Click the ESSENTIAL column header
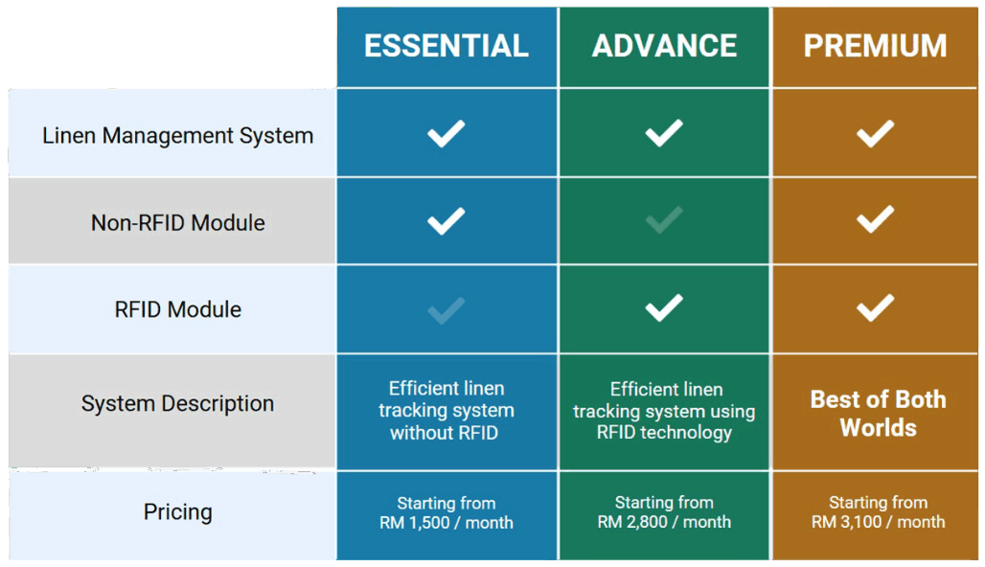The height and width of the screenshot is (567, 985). [446, 46]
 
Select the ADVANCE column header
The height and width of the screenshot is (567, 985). [664, 46]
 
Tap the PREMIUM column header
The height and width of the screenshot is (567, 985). [875, 46]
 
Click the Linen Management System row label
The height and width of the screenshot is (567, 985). [178, 136]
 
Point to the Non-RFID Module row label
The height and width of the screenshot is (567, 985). [178, 223]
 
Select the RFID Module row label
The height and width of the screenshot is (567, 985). [178, 309]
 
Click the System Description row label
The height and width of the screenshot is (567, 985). [178, 403]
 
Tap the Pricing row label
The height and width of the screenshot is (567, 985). [178, 511]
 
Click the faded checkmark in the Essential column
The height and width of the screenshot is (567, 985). [446, 310]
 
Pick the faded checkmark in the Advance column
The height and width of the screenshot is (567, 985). [664, 220]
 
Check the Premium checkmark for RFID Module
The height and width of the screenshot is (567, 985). [875, 307]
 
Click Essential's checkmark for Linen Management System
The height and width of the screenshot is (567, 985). [446, 133]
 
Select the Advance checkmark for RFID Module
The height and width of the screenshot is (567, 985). [664, 307]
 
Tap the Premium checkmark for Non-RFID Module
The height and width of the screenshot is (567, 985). [875, 219]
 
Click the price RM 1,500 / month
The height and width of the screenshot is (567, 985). [446, 522]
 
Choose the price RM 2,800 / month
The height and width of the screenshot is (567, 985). [664, 522]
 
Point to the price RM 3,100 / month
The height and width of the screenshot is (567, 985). [878, 522]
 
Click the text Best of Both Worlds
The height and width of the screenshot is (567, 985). [879, 413]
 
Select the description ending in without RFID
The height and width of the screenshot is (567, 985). [446, 410]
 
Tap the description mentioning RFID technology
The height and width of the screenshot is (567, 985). [664, 411]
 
